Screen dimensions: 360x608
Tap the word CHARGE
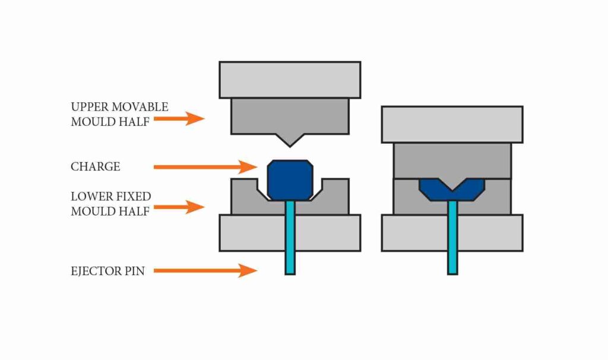(95, 167)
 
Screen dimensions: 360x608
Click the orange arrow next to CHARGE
(205, 167)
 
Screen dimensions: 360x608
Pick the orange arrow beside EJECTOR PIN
(205, 271)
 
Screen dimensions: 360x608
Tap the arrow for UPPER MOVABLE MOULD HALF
(178, 119)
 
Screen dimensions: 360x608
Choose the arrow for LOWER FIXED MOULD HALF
(178, 207)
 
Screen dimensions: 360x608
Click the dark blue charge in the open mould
(289, 179)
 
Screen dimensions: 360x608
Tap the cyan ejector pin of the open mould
(290, 238)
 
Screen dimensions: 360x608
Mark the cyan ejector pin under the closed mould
(452, 238)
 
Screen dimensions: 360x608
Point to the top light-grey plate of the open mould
(289, 80)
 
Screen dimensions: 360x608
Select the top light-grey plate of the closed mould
(452, 124)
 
